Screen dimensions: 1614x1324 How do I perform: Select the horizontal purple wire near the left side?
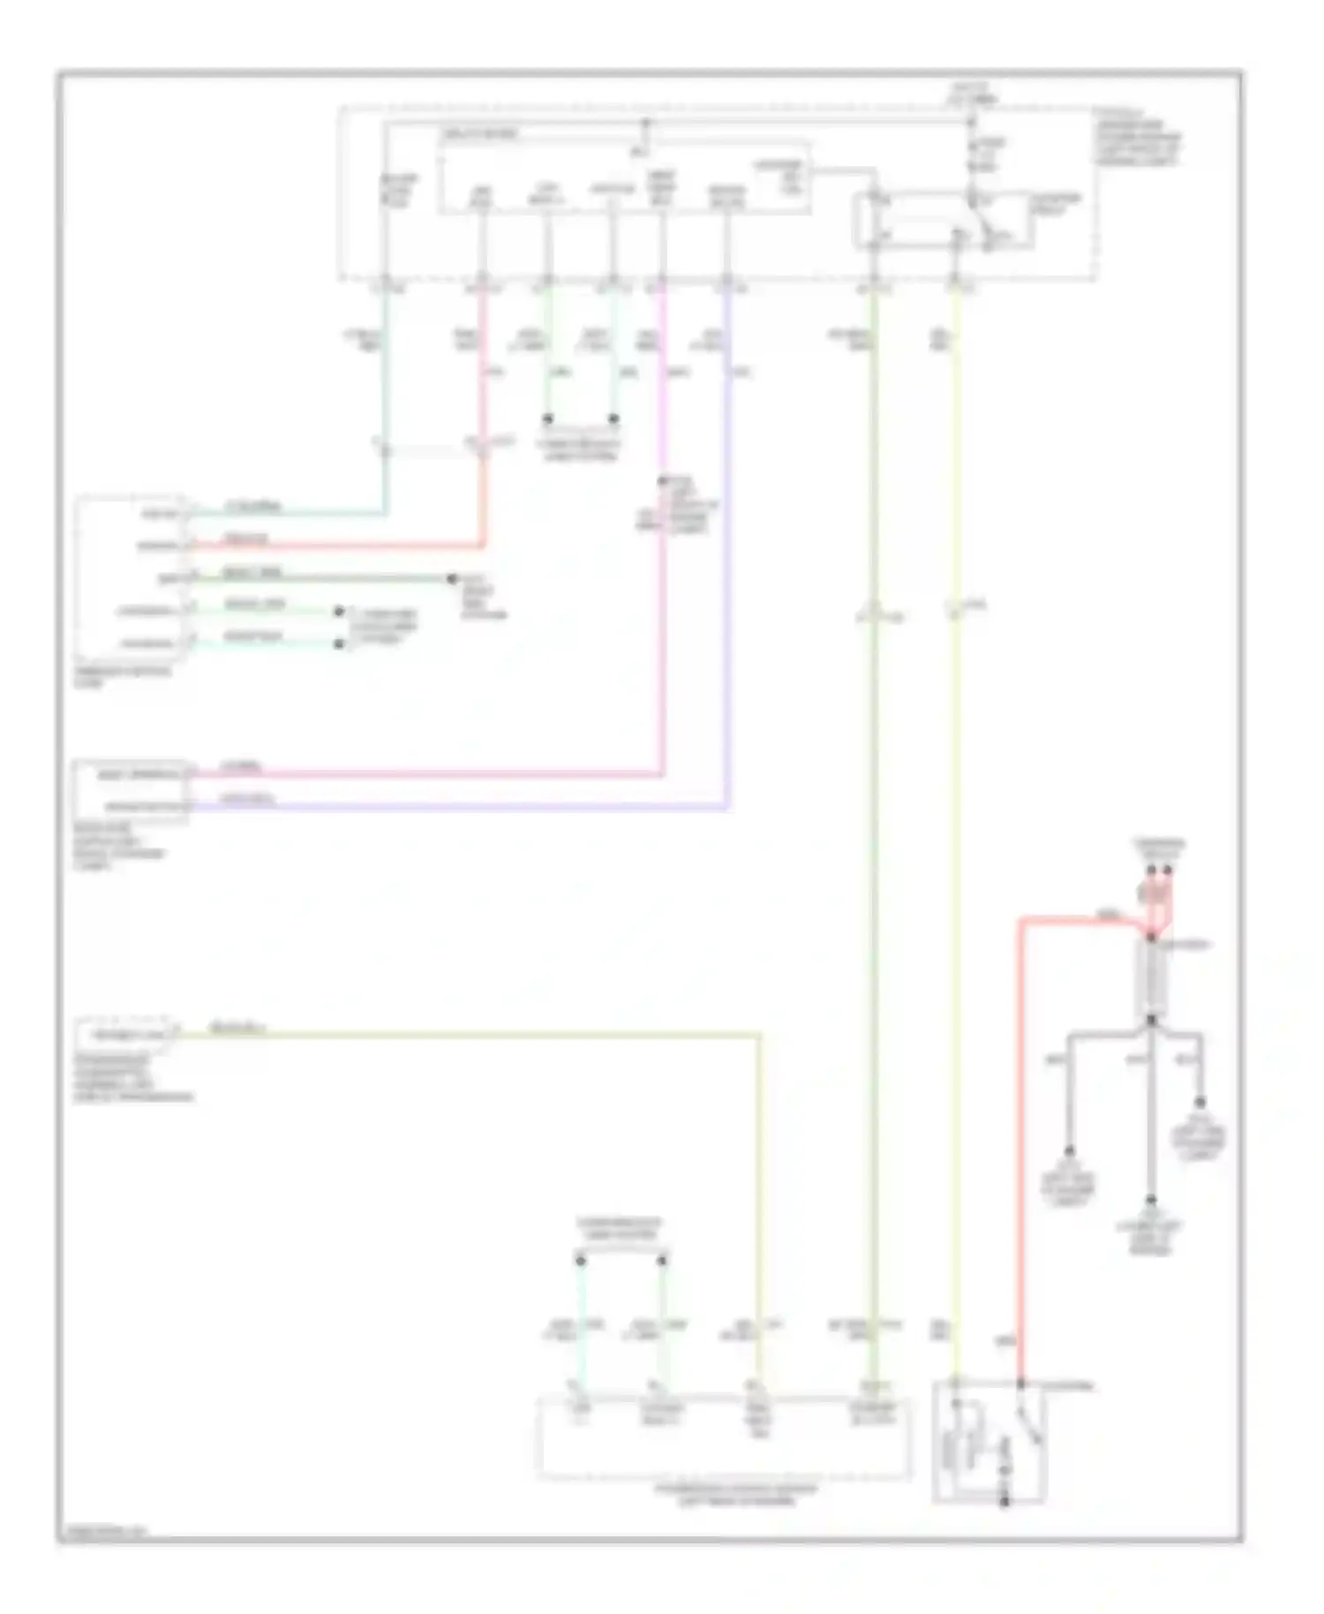pos(459,807)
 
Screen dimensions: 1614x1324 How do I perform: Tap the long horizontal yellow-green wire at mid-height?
pos(468,1032)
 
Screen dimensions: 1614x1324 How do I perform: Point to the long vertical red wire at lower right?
pos(1021,1148)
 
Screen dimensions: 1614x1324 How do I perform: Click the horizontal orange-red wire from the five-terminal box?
pos(335,545)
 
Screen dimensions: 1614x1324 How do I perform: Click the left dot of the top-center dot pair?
pos(547,419)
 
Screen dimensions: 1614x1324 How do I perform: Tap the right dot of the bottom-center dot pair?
pos(662,1260)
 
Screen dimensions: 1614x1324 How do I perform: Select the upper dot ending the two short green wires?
pos(339,612)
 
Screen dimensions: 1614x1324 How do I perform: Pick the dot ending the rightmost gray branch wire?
pos(1200,1104)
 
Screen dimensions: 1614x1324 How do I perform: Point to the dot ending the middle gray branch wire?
pos(1151,1201)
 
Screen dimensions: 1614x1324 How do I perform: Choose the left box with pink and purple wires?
pos(131,791)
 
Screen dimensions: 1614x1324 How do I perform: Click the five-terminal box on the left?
pos(131,578)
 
